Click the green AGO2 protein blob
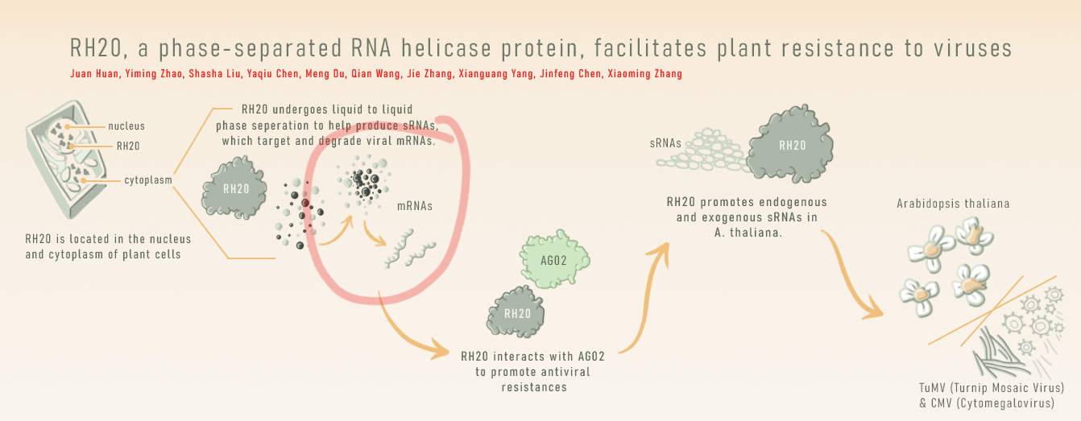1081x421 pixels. coord(554,259)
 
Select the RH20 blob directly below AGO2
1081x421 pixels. coord(516,312)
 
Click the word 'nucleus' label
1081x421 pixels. coord(126,126)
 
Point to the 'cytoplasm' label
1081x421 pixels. coord(148,180)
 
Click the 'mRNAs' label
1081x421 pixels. coord(415,206)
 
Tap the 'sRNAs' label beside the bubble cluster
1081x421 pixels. coord(665,144)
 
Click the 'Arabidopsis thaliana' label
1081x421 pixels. coord(953,204)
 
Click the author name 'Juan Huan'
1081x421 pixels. coord(94,74)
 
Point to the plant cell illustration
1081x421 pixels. coord(66,159)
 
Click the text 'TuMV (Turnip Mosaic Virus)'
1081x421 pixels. coord(992,388)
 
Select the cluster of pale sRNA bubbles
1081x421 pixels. coord(703,150)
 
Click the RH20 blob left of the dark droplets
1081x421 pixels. coord(234,188)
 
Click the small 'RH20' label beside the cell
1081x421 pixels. coord(128,147)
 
